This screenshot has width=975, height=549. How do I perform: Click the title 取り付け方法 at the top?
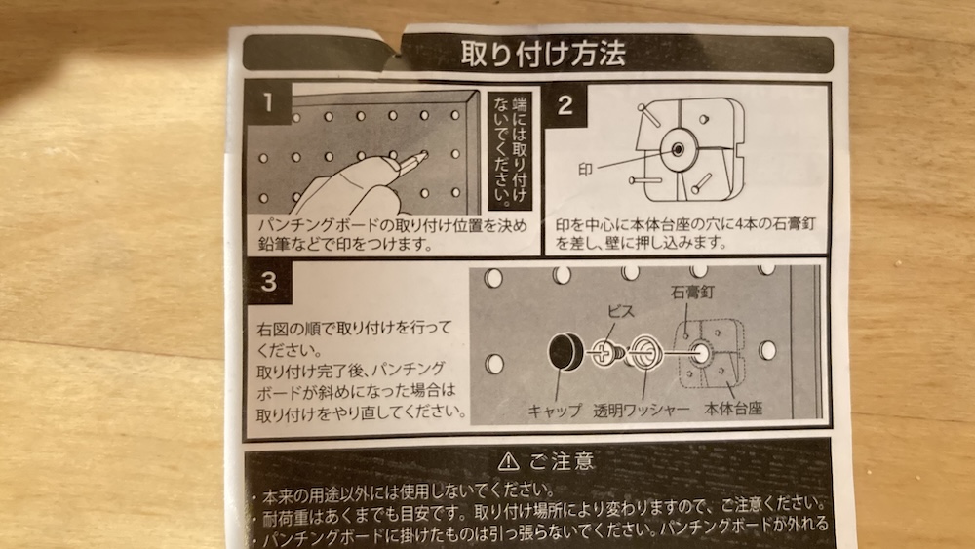tap(543, 54)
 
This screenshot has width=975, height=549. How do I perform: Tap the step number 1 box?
tap(268, 102)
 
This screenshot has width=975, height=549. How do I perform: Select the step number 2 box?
tap(565, 104)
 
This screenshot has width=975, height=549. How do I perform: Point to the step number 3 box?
tap(269, 281)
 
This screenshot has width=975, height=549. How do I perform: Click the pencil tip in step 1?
tap(425, 153)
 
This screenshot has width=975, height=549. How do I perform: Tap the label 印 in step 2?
tap(584, 169)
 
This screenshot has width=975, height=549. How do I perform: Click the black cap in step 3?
tap(565, 351)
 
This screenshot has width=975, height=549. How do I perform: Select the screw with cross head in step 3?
tap(607, 354)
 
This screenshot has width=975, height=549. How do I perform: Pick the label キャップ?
tap(555, 411)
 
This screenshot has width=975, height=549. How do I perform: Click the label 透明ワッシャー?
tap(642, 410)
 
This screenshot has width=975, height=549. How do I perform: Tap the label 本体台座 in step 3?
tap(733, 409)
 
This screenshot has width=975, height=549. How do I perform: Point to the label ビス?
tap(621, 311)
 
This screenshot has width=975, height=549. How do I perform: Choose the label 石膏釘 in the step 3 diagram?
tap(692, 292)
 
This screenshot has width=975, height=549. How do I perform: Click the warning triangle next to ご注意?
tap(509, 461)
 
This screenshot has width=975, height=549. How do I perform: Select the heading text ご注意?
tap(563, 461)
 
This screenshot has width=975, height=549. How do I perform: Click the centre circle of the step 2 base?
tap(678, 149)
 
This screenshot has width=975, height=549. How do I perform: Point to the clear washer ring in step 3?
tap(644, 352)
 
